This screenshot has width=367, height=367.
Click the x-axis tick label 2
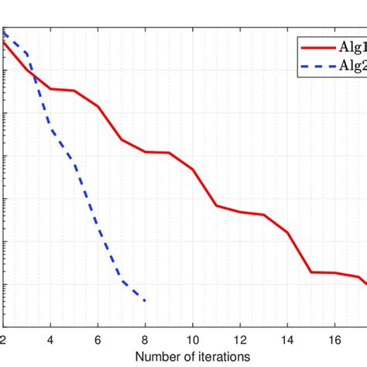coord(4,339)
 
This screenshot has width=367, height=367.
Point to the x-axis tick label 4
coord(50,339)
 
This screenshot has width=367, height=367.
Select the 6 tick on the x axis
coord(98,339)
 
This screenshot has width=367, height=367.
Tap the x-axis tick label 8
coord(146,339)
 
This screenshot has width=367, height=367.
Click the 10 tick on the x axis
coord(193,339)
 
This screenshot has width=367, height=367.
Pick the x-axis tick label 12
coord(240,339)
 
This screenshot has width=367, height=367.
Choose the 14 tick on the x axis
coord(287,339)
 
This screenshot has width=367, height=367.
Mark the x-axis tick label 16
coord(334,339)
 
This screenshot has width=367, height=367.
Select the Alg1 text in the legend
coord(352,47)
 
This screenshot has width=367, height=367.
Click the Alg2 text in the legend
coord(352,66)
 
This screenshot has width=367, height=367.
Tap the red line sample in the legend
coord(317,47)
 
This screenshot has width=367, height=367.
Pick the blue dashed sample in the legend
coord(317,66)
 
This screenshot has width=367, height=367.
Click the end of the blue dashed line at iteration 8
coord(146,300)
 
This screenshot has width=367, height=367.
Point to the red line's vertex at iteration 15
coord(311,272)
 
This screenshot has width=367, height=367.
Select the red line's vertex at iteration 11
coord(216,205)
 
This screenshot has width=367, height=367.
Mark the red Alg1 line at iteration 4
coord(51,89)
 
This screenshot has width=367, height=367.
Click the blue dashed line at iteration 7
coord(122,280)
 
